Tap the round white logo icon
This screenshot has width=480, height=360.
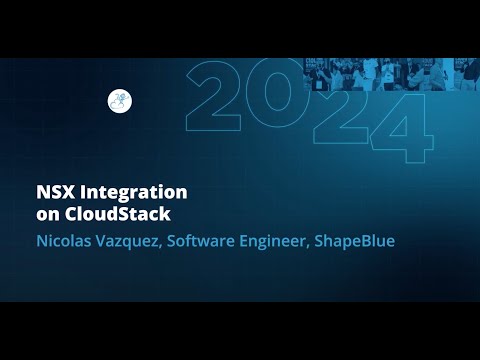click(x=120, y=101)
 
